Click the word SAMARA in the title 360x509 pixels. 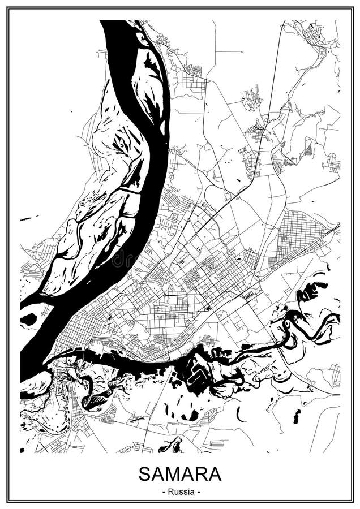[180, 473]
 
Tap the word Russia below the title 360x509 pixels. [180, 491]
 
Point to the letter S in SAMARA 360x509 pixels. [145, 473]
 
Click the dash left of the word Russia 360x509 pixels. [164, 491]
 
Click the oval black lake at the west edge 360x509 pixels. [28, 320]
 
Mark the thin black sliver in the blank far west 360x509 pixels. [26, 218]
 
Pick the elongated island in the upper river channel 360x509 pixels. [150, 85]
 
